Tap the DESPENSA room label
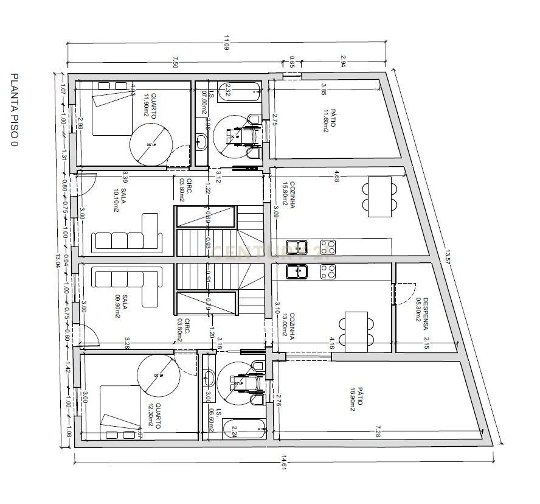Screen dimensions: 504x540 pyautogui.click(x=423, y=313)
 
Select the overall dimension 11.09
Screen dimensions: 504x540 pyautogui.click(x=226, y=44)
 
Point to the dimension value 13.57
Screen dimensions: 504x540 pyautogui.click(x=448, y=256)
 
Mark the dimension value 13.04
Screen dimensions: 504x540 pyautogui.click(x=58, y=260)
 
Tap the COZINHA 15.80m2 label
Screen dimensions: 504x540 pyautogui.click(x=289, y=194)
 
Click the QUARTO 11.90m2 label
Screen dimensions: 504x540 pyautogui.click(x=150, y=104)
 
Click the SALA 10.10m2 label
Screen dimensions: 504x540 pyautogui.click(x=120, y=200)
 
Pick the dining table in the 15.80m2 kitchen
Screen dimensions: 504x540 pyautogui.click(x=380, y=196)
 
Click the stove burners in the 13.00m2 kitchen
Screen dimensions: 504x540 pyautogui.click(x=327, y=271)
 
